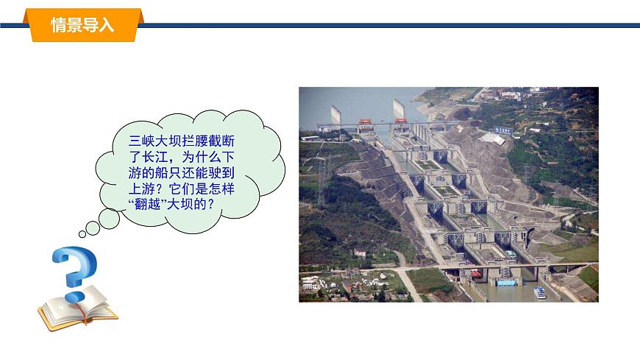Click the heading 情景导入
pos(82,25)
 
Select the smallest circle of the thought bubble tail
pos(82,234)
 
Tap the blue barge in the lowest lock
pos(507,283)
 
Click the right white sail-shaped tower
pos(399,109)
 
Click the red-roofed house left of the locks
pos(360,253)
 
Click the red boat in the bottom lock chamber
pos(477,275)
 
